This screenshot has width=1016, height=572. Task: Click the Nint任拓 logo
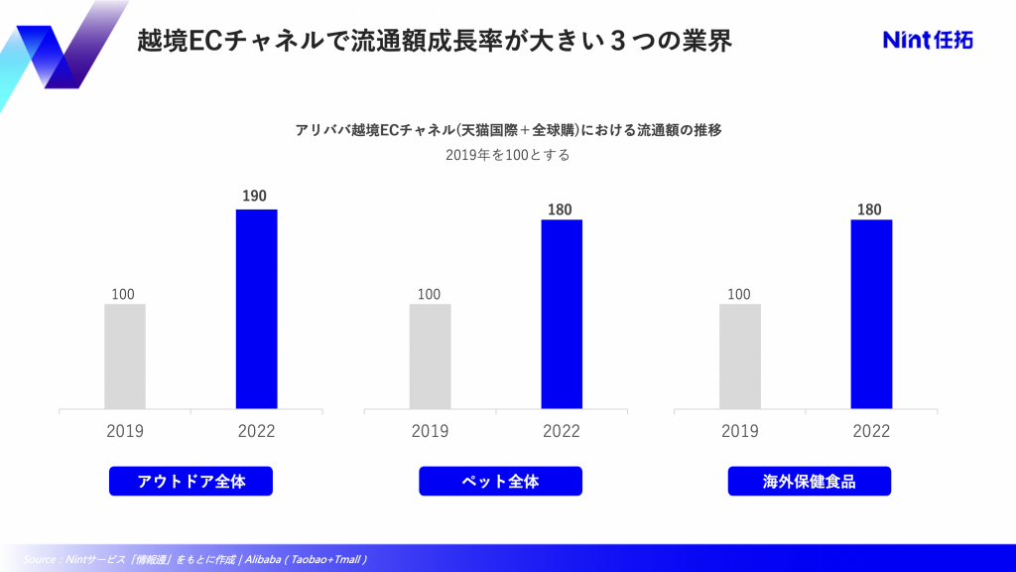click(928, 40)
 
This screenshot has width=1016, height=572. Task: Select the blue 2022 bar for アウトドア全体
click(256, 309)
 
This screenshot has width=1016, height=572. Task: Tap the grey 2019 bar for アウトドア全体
click(124, 356)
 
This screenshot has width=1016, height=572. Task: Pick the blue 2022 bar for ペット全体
click(562, 314)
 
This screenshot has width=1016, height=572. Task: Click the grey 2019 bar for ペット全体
click(430, 356)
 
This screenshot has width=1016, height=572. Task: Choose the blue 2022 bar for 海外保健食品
click(871, 314)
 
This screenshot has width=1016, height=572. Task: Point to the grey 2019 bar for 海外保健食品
click(739, 356)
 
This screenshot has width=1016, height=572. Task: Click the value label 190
click(255, 196)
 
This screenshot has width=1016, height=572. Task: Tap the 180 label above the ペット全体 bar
click(561, 209)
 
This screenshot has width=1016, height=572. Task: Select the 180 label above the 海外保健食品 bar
click(869, 209)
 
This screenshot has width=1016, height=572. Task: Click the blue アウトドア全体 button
click(190, 482)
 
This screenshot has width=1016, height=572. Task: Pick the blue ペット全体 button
click(500, 482)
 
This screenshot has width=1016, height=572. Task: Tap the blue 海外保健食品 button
click(810, 482)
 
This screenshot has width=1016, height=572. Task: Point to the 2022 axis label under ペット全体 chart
click(562, 431)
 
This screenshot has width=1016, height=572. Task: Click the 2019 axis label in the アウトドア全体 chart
click(125, 431)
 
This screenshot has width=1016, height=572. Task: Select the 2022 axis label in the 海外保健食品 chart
click(871, 431)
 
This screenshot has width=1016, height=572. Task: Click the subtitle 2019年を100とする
click(508, 156)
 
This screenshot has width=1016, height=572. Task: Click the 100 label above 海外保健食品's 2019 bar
click(738, 294)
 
